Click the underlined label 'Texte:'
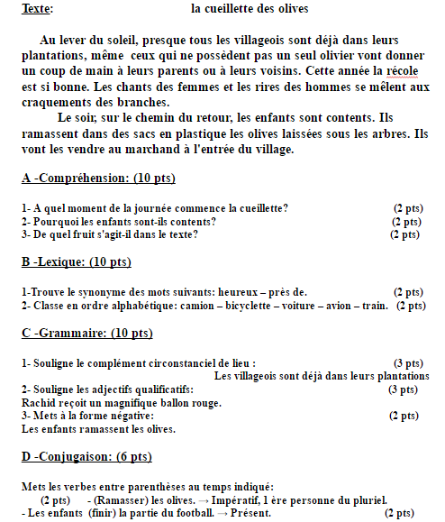(x=37, y=9)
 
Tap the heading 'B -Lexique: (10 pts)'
(x=76, y=262)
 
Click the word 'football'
(x=185, y=513)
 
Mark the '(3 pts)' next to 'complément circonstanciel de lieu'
(x=408, y=362)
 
